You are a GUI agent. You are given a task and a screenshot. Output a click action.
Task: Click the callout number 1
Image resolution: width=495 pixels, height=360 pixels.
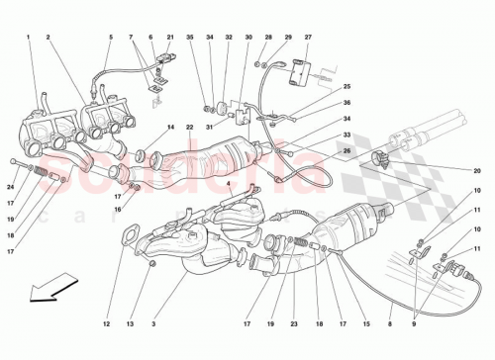point(30,38)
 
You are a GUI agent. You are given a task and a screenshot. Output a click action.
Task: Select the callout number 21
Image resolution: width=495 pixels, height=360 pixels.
point(170,38)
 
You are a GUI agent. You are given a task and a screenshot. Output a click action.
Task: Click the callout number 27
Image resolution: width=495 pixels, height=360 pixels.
point(307,38)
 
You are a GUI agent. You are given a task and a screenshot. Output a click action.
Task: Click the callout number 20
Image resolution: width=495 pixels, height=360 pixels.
point(476,170)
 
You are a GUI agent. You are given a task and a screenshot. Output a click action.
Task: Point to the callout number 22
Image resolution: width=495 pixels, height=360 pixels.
point(189,128)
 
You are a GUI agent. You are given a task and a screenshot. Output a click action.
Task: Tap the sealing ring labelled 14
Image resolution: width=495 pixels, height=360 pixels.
point(140,153)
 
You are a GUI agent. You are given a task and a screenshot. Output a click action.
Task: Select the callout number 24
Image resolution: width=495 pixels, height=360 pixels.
point(11,187)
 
